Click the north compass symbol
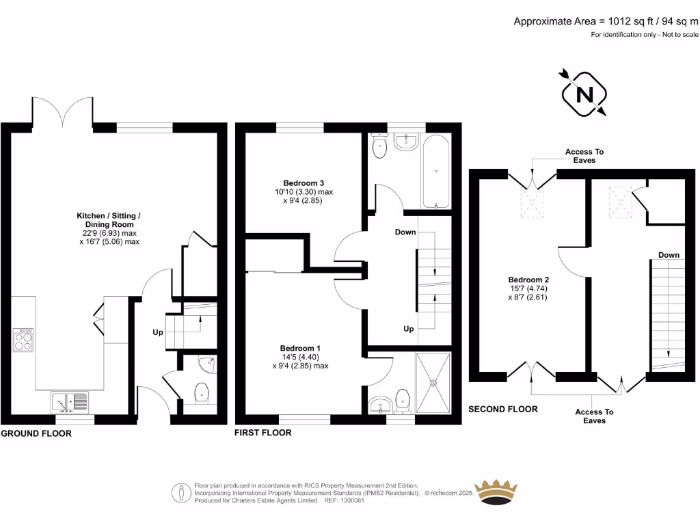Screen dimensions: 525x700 [x=584, y=94]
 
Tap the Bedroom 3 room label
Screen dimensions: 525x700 [x=304, y=183]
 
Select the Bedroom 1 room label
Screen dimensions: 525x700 [x=301, y=348]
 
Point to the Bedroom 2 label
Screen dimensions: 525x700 [x=528, y=280]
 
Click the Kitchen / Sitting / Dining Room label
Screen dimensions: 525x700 [x=109, y=216]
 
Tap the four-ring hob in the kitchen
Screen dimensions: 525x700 [x=23, y=340]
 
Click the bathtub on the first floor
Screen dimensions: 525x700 [x=436, y=171]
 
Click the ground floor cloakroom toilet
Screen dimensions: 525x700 [x=202, y=394]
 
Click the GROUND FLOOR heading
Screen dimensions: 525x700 [x=36, y=433]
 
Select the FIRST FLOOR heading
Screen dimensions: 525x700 [x=262, y=433]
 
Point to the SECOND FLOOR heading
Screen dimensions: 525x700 [x=502, y=409]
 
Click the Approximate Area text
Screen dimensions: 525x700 [x=606, y=21]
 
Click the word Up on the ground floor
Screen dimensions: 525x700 [x=158, y=333]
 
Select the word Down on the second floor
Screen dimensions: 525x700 [x=669, y=255]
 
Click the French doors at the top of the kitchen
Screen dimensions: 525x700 [x=62, y=113]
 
